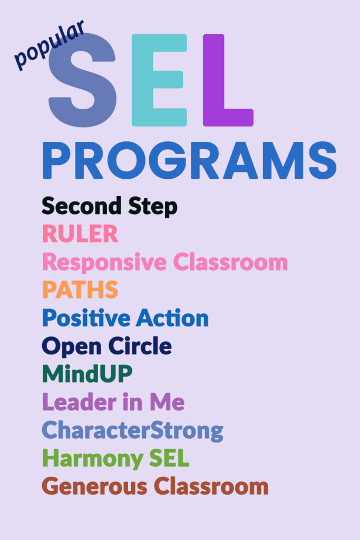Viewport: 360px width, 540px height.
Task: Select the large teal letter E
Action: coord(159,80)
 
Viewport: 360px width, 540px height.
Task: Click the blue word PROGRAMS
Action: coord(189,160)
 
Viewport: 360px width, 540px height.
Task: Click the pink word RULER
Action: coord(80,234)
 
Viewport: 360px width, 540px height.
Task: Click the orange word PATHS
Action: coord(80,290)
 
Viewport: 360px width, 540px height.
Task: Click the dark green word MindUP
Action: coord(87,374)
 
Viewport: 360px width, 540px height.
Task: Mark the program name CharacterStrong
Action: coord(132,430)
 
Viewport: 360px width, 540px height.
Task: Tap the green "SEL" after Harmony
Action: coord(168,458)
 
